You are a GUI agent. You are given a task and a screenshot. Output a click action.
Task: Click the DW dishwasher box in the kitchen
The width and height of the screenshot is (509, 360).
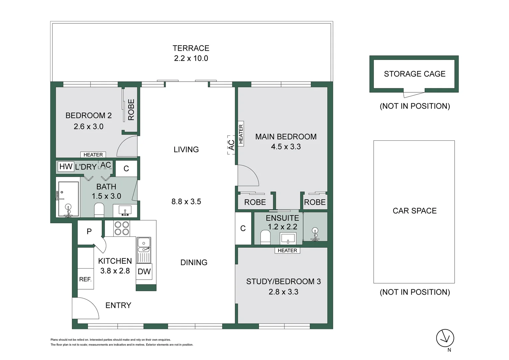(x=144, y=271)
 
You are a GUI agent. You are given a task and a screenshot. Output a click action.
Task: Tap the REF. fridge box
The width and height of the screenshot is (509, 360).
(x=85, y=279)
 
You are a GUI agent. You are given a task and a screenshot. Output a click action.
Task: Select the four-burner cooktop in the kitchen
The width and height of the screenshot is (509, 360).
(x=122, y=228)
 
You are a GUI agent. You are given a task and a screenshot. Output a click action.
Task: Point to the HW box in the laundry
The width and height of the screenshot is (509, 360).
(x=66, y=166)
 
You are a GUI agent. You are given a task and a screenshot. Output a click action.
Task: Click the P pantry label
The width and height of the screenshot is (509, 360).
(x=89, y=232)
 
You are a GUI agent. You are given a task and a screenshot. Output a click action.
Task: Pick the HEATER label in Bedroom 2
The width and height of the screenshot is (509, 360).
(x=93, y=155)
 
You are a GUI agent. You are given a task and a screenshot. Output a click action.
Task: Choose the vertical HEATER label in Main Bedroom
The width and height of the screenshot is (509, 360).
(x=241, y=134)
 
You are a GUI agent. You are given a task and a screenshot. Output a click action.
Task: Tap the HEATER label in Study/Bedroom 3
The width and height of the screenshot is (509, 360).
(x=287, y=250)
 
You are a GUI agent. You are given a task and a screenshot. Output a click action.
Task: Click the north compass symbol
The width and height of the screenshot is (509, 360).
(x=445, y=338)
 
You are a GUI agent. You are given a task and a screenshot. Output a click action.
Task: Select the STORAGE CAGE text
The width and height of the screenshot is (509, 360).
(x=415, y=74)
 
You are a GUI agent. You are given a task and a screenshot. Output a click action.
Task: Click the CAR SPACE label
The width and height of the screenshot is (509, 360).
(x=415, y=211)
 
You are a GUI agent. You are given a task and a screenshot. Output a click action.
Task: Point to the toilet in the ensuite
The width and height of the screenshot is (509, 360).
(x=265, y=237)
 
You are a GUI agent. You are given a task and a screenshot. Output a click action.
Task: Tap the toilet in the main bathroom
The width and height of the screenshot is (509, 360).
(x=99, y=210)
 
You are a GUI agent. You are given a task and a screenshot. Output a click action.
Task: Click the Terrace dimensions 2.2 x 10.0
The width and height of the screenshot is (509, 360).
(x=191, y=58)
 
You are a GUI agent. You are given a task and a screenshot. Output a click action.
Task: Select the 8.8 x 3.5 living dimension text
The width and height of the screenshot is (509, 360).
(x=186, y=201)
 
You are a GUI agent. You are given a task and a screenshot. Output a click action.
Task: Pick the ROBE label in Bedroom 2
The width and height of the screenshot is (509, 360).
(x=131, y=110)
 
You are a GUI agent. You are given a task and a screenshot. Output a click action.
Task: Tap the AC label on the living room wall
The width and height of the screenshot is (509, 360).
(x=231, y=145)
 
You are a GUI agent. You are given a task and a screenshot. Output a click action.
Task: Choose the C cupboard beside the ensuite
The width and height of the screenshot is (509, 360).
(x=243, y=228)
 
